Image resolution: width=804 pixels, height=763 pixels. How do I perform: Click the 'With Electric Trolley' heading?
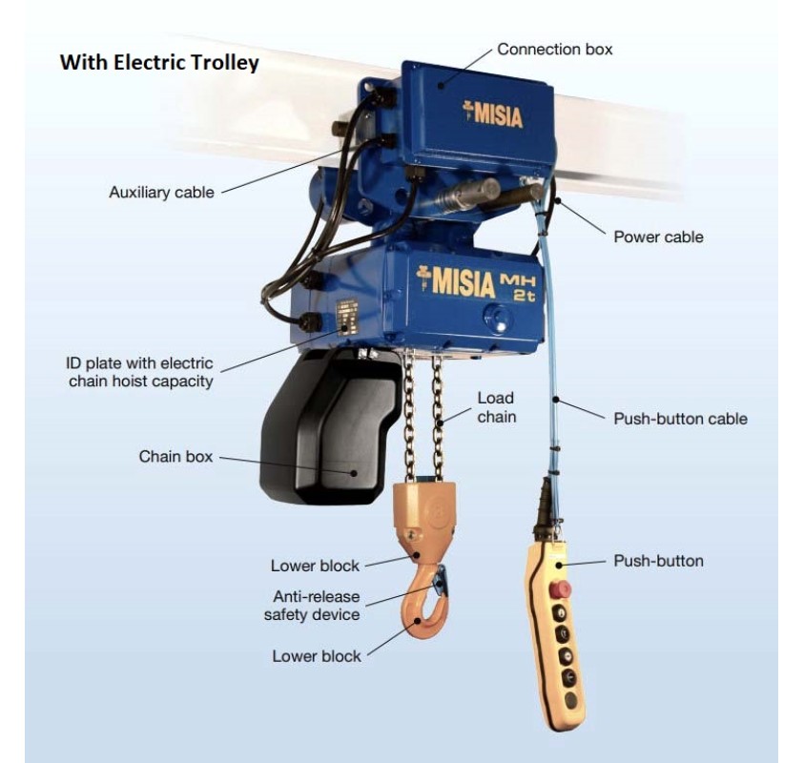[159, 63]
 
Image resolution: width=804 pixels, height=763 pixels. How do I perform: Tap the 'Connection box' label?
[555, 50]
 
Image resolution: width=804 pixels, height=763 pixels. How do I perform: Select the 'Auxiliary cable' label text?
[161, 193]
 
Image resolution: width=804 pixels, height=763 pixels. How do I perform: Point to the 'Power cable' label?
[658, 237]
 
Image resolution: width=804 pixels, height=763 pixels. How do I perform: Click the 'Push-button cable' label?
[680, 419]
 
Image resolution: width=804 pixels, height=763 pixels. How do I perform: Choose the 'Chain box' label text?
[175, 456]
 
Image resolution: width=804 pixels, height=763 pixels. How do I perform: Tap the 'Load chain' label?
[496, 407]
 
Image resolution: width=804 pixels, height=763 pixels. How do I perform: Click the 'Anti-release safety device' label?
[312, 606]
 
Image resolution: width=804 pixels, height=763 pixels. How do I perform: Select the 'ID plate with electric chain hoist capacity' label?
[139, 372]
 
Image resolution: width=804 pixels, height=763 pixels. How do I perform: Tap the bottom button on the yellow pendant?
[570, 700]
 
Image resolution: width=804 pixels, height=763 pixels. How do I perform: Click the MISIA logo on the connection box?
[493, 113]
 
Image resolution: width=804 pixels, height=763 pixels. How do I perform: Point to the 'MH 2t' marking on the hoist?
[518, 288]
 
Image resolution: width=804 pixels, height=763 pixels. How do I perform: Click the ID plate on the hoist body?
[346, 318]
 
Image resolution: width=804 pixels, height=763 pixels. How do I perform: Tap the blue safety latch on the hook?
[441, 581]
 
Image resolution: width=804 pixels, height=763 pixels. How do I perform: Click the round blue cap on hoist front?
[497, 318]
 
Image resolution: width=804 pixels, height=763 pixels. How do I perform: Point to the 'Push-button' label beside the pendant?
[658, 561]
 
